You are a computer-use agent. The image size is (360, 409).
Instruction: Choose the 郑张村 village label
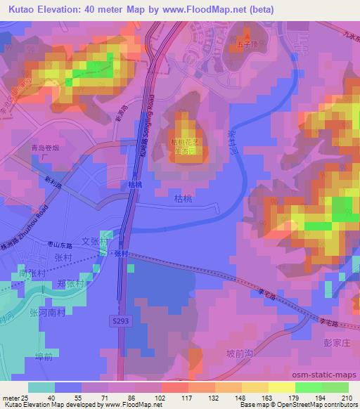click(71, 285)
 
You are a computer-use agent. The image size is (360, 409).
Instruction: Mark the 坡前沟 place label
click(240, 353)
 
